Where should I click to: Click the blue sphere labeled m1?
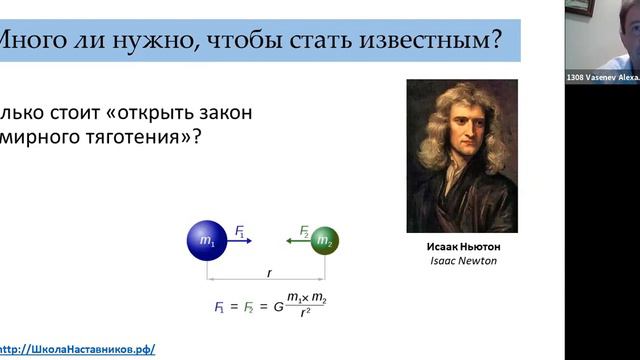(207, 240)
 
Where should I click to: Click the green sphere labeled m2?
(324, 241)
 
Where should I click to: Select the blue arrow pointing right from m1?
(242, 241)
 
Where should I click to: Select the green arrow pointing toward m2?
(296, 241)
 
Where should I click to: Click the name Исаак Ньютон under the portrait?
(462, 247)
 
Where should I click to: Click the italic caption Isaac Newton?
(462, 262)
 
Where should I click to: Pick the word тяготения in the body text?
(130, 135)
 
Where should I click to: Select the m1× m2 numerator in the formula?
(306, 297)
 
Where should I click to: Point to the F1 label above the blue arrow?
(240, 231)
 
